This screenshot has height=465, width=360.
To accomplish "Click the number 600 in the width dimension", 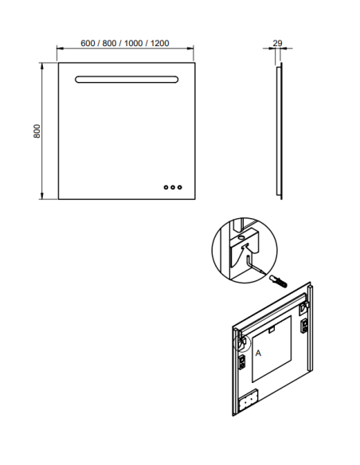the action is [88, 43].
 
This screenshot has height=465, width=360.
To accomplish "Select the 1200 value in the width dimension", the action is [159, 43].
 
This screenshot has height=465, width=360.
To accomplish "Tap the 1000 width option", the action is [133, 43].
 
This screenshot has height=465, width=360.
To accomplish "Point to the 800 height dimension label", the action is [37, 131].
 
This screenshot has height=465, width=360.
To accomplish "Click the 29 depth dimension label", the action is [277, 43].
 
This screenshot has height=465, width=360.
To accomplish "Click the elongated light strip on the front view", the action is [127, 80].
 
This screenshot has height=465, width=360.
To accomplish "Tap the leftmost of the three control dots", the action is [166, 187].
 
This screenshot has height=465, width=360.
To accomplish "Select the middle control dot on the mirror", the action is [173, 187].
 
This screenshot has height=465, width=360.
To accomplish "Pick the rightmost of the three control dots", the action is [180, 187].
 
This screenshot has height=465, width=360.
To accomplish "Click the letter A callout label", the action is [258, 354].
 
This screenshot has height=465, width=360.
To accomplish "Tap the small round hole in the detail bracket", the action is [242, 237].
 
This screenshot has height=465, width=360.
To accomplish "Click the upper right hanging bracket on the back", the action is [304, 308].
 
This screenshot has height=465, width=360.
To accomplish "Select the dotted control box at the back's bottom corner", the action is [248, 401].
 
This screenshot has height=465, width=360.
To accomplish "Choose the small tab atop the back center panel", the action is [272, 329].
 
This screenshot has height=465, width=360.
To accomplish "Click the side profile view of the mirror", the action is [280, 131].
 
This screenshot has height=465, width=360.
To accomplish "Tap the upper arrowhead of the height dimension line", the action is [42, 66].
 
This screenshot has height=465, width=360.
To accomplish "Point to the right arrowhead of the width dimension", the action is [190, 48].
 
